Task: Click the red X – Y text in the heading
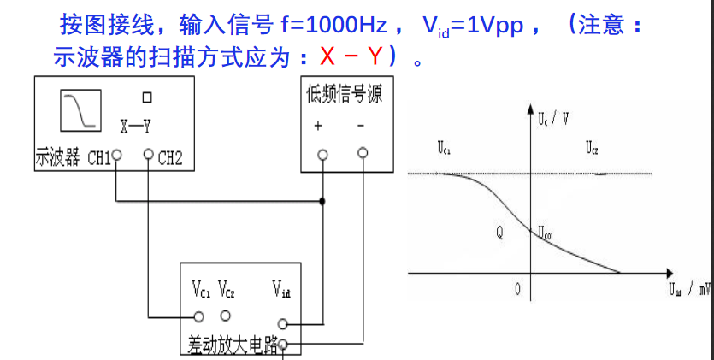pyautogui.click(x=350, y=56)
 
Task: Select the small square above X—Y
pyautogui.click(x=147, y=97)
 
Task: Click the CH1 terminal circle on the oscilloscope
pyautogui.click(x=117, y=156)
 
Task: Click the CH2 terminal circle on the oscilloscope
pyautogui.click(x=149, y=156)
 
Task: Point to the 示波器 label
pyautogui.click(x=56, y=157)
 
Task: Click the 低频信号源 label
pyautogui.click(x=344, y=94)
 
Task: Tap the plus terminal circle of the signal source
pyautogui.click(x=322, y=155)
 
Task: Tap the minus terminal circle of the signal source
pyautogui.click(x=363, y=153)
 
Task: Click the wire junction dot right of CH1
pyautogui.click(x=322, y=202)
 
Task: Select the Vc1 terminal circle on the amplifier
pyautogui.click(x=199, y=316)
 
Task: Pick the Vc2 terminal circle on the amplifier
pyautogui.click(x=226, y=316)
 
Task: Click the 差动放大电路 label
pyautogui.click(x=233, y=344)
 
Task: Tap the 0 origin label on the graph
pyautogui.click(x=517, y=289)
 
